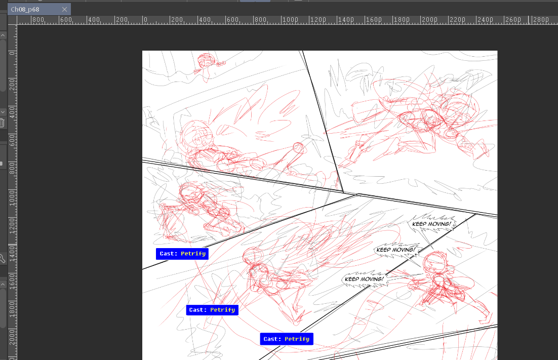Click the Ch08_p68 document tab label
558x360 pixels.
pos(25,9)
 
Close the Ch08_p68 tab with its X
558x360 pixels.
pos(64,9)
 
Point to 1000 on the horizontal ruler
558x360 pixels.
pos(291,20)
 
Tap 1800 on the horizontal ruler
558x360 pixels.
pos(402,20)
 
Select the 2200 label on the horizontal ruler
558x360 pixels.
pos(458,20)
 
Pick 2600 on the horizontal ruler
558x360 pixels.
pos(513,20)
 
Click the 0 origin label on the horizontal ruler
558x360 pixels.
pos(145,20)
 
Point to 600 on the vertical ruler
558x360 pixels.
pos(13,140)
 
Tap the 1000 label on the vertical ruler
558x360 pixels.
pos(13,197)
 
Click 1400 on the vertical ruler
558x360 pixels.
pos(13,253)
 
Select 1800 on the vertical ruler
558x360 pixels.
pos(13,309)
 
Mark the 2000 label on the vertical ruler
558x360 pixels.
pos(13,337)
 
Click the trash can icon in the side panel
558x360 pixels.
pos(2,123)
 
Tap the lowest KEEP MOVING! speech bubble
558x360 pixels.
pos(364,279)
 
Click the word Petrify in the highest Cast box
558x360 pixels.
pos(193,254)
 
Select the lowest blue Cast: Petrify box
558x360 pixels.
pos(287,339)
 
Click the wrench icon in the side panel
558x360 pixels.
pos(2,259)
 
